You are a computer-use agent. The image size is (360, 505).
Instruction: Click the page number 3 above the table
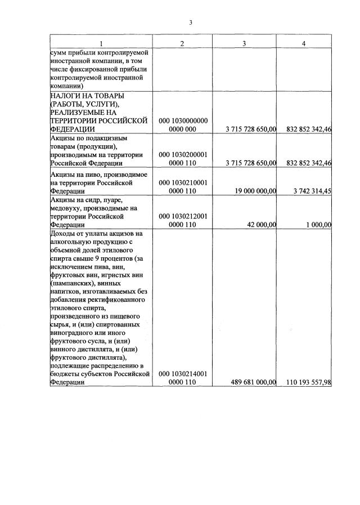(x=191, y=23)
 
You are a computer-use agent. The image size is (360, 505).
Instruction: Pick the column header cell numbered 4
(x=304, y=44)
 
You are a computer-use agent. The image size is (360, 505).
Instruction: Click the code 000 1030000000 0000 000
(x=183, y=125)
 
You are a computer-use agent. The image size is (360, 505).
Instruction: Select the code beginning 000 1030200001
(x=183, y=158)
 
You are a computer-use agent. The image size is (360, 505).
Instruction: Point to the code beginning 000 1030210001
(x=183, y=187)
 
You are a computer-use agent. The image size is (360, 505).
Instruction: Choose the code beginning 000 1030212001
(x=183, y=220)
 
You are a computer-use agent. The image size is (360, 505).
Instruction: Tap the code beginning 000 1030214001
(x=183, y=377)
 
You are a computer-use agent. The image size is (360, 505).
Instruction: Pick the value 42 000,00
(x=262, y=225)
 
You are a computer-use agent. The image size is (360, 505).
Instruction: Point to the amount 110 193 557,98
(x=309, y=382)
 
